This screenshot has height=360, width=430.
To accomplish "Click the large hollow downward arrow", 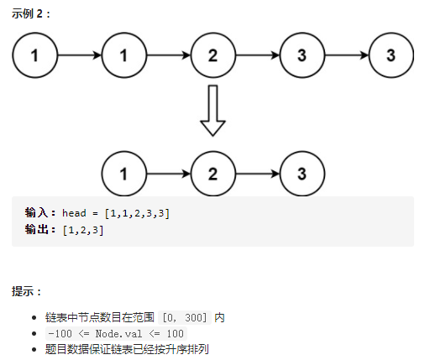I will (x=212, y=110).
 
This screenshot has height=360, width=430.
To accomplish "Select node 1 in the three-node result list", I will (x=123, y=175).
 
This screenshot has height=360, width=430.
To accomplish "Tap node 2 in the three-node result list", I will (x=212, y=175).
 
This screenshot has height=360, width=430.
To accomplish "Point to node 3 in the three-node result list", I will (x=302, y=175).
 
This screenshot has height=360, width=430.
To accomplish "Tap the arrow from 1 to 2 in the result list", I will (x=168, y=175).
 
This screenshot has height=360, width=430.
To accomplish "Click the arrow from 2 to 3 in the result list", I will (x=257, y=175).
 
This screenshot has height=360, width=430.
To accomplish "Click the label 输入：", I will (x=41, y=213).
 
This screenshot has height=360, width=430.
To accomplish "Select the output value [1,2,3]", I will (x=83, y=229).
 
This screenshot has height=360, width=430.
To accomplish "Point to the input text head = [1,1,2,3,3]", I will (x=116, y=213).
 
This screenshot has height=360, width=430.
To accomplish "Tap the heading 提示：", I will (x=28, y=291).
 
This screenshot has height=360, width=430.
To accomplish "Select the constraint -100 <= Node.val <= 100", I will (x=116, y=333).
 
